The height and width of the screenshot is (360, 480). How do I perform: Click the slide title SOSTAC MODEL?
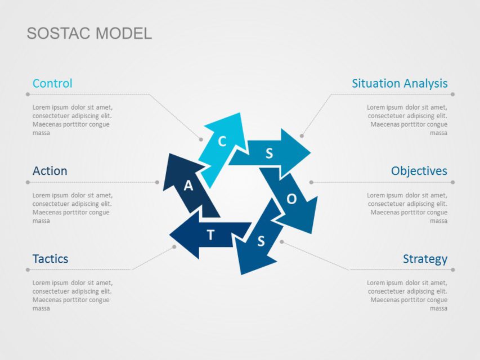click(89, 33)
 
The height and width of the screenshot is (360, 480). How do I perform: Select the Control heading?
click(52, 83)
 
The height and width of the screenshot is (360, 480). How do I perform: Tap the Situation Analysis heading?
click(400, 83)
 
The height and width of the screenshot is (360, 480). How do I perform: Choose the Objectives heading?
click(419, 171)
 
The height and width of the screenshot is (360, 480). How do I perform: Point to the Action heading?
click(50, 171)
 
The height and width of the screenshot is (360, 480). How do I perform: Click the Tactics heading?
click(50, 259)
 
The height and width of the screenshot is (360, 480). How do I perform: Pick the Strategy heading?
click(425, 259)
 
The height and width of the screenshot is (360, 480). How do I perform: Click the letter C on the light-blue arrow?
click(222, 142)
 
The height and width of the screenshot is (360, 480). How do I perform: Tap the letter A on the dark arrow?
click(189, 186)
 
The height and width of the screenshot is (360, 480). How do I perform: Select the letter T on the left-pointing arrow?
click(210, 235)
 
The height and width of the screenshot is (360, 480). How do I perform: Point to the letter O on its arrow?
click(291, 199)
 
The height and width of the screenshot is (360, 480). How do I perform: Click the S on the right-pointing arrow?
click(269, 153)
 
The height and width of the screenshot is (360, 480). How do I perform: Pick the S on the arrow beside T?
click(261, 241)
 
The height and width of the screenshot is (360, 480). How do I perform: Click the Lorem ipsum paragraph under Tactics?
click(71, 295)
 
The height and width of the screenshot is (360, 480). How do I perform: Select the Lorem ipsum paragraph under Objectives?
click(407, 208)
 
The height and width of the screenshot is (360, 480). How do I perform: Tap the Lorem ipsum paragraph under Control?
click(71, 120)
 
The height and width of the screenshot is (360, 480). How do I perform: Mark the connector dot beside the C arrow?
click(200, 139)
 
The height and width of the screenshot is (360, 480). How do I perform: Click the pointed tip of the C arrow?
click(240, 114)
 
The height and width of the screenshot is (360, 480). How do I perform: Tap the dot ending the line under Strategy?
click(452, 270)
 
